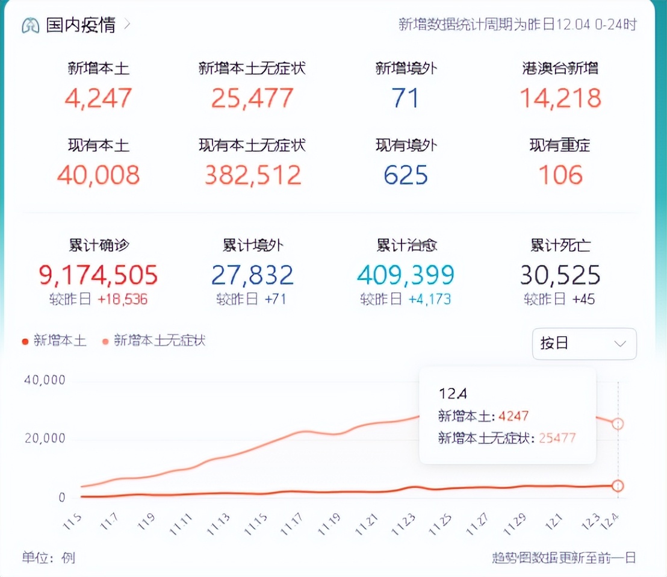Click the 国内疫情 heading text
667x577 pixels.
pyautogui.click(x=81, y=25)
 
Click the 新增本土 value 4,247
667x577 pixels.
pyautogui.click(x=98, y=98)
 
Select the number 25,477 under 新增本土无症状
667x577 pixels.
pyautogui.click(x=252, y=98)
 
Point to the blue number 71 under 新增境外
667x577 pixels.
pyautogui.click(x=406, y=98)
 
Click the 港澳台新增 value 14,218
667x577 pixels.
pyautogui.click(x=560, y=98)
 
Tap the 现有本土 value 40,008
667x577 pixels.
pyautogui.click(x=98, y=175)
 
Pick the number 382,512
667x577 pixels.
pyautogui.click(x=252, y=175)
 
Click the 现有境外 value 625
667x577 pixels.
pyautogui.click(x=406, y=175)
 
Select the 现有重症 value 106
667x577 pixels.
pyautogui.click(x=560, y=175)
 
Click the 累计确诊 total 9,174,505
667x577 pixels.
pyautogui.click(x=98, y=275)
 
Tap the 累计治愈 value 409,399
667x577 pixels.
pyautogui.click(x=406, y=275)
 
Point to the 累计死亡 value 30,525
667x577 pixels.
pyautogui.click(x=560, y=275)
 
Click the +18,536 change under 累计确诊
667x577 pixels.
pyautogui.click(x=122, y=299)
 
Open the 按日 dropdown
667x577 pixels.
pyautogui.click(x=584, y=344)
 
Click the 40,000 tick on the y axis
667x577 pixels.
pyautogui.click(x=45, y=380)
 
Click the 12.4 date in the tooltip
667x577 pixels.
pyautogui.click(x=453, y=393)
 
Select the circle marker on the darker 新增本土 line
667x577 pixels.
pyautogui.click(x=618, y=485)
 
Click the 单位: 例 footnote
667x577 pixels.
pyautogui.click(x=49, y=558)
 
